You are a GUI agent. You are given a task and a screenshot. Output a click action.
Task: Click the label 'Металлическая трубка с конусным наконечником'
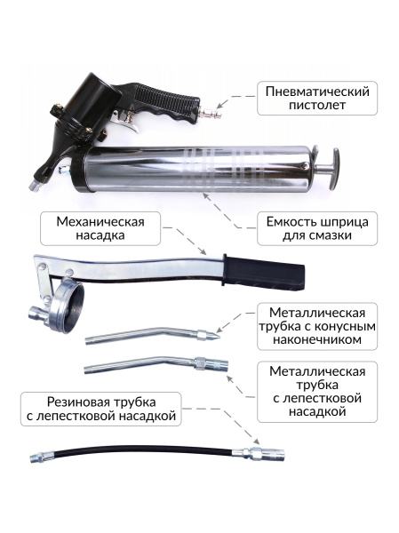[x=316, y=326]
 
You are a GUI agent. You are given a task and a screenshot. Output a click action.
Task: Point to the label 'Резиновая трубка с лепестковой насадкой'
[x=100, y=408]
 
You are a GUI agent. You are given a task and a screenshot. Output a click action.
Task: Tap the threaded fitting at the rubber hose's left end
[x=41, y=457]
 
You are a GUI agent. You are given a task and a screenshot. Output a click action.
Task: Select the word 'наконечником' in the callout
[x=316, y=340]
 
